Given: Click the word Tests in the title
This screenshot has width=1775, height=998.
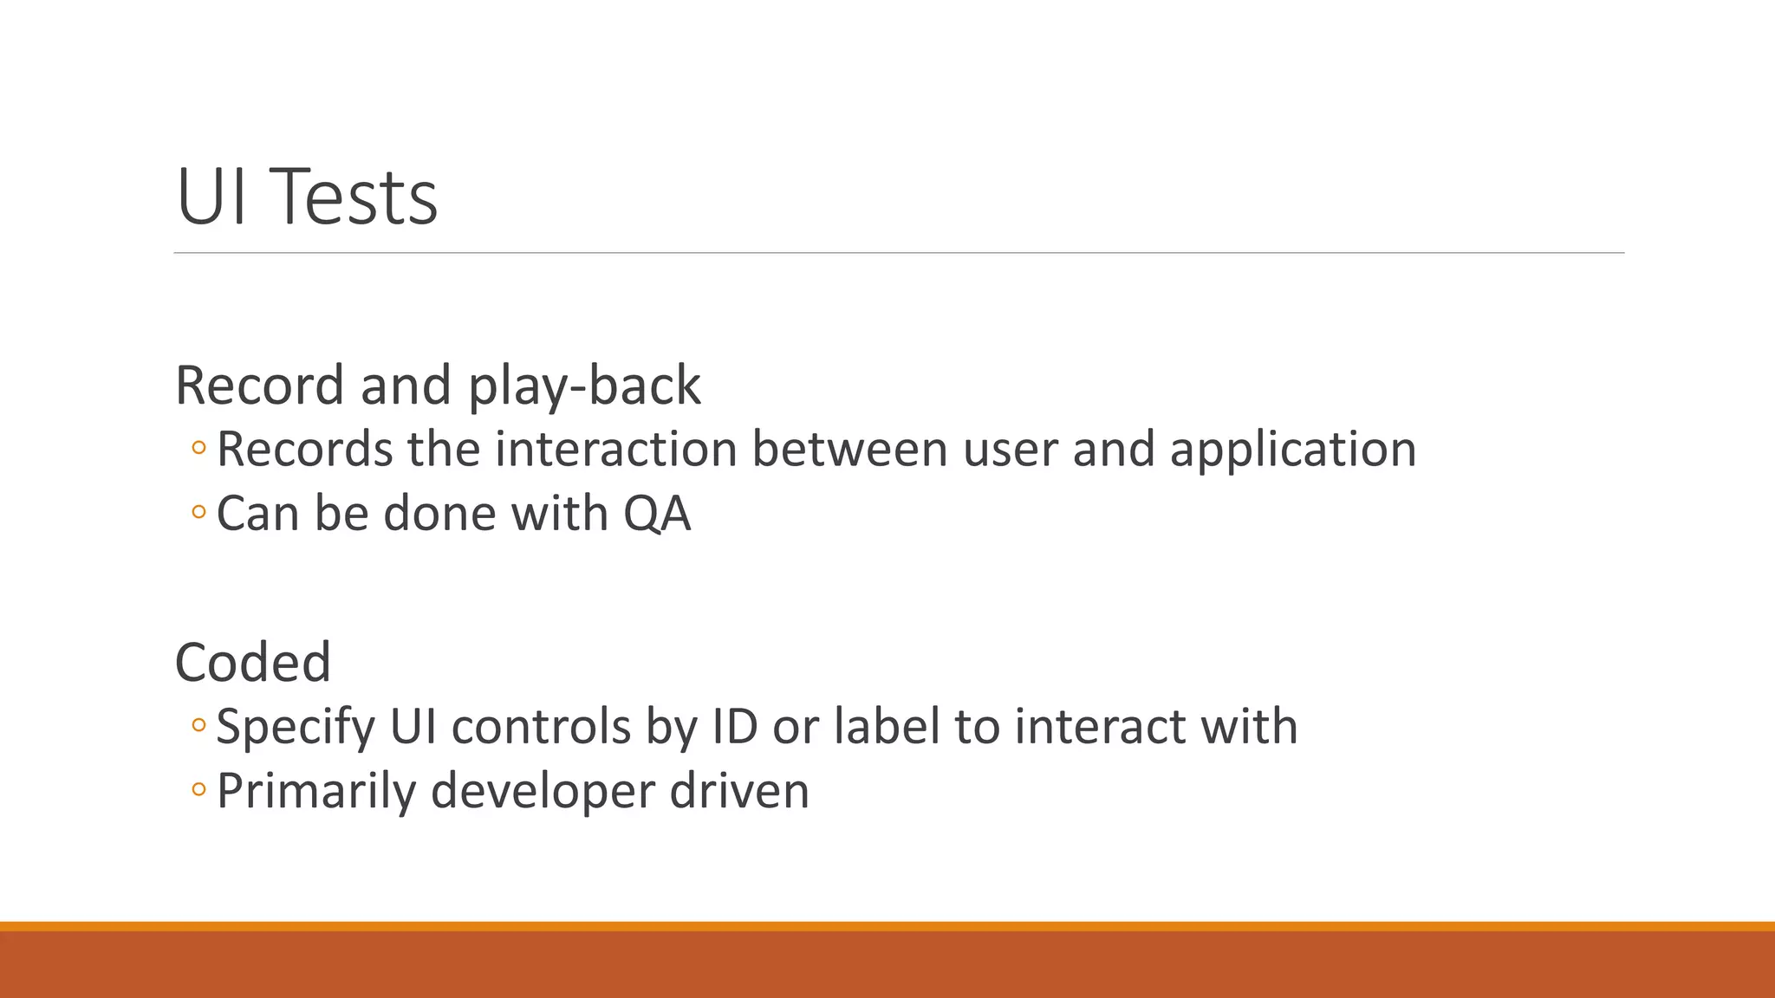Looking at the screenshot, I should click(358, 198).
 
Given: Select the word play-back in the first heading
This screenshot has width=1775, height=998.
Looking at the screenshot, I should click(584, 386).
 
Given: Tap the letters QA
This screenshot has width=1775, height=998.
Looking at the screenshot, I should click(657, 515).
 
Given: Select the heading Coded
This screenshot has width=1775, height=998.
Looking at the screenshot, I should click(253, 663).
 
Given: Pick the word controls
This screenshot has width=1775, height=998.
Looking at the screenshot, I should click(541, 727).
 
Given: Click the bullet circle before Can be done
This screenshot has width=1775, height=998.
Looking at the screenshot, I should click(198, 513).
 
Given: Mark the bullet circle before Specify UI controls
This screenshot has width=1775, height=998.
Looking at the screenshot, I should click(198, 726).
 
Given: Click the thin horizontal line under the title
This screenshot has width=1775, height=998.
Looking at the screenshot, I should click(898, 253).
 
